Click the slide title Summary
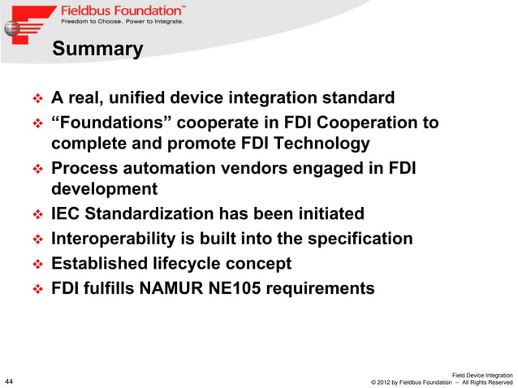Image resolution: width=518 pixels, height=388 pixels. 97,50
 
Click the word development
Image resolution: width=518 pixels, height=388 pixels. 105,190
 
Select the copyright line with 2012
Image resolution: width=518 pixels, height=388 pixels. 440,382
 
